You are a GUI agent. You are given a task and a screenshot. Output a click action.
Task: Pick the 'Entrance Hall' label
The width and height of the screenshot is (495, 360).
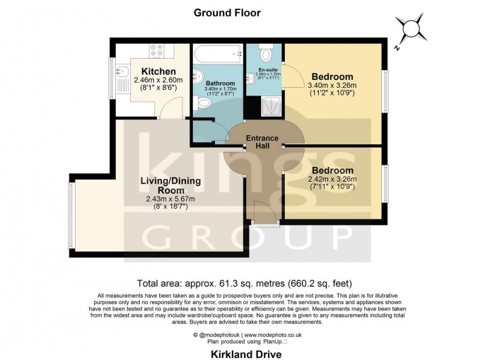[262, 141]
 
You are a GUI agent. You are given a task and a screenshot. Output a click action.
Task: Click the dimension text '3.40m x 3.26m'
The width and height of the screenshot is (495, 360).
[333, 86]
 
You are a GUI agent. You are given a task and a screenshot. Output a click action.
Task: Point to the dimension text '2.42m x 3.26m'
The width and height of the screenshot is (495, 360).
[333, 180]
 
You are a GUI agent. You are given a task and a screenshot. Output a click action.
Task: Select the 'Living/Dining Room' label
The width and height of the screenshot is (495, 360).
[170, 186]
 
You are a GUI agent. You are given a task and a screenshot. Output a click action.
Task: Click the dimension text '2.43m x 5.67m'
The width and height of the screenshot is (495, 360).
[170, 200]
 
